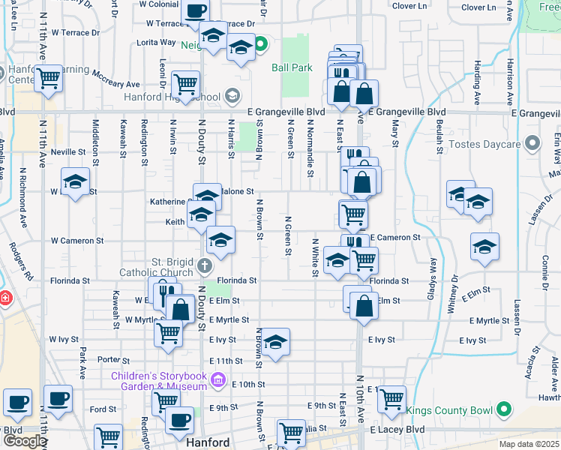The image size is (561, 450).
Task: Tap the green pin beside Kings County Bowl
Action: click(504, 409)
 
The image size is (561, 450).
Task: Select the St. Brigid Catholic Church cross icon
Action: click(203, 265)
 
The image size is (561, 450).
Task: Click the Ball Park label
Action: click(292, 67)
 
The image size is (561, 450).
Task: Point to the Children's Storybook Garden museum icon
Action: click(218, 380)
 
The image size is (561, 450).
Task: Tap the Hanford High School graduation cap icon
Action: click(232, 96)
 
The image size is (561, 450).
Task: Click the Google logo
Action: click(24, 441)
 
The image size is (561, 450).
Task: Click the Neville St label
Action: click(69, 151)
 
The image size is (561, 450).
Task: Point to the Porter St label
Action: click(113, 359)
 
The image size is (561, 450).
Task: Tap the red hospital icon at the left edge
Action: click(4, 298)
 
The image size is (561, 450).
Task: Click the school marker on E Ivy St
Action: click(275, 342)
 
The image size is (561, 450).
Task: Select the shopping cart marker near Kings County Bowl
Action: click(391, 400)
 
